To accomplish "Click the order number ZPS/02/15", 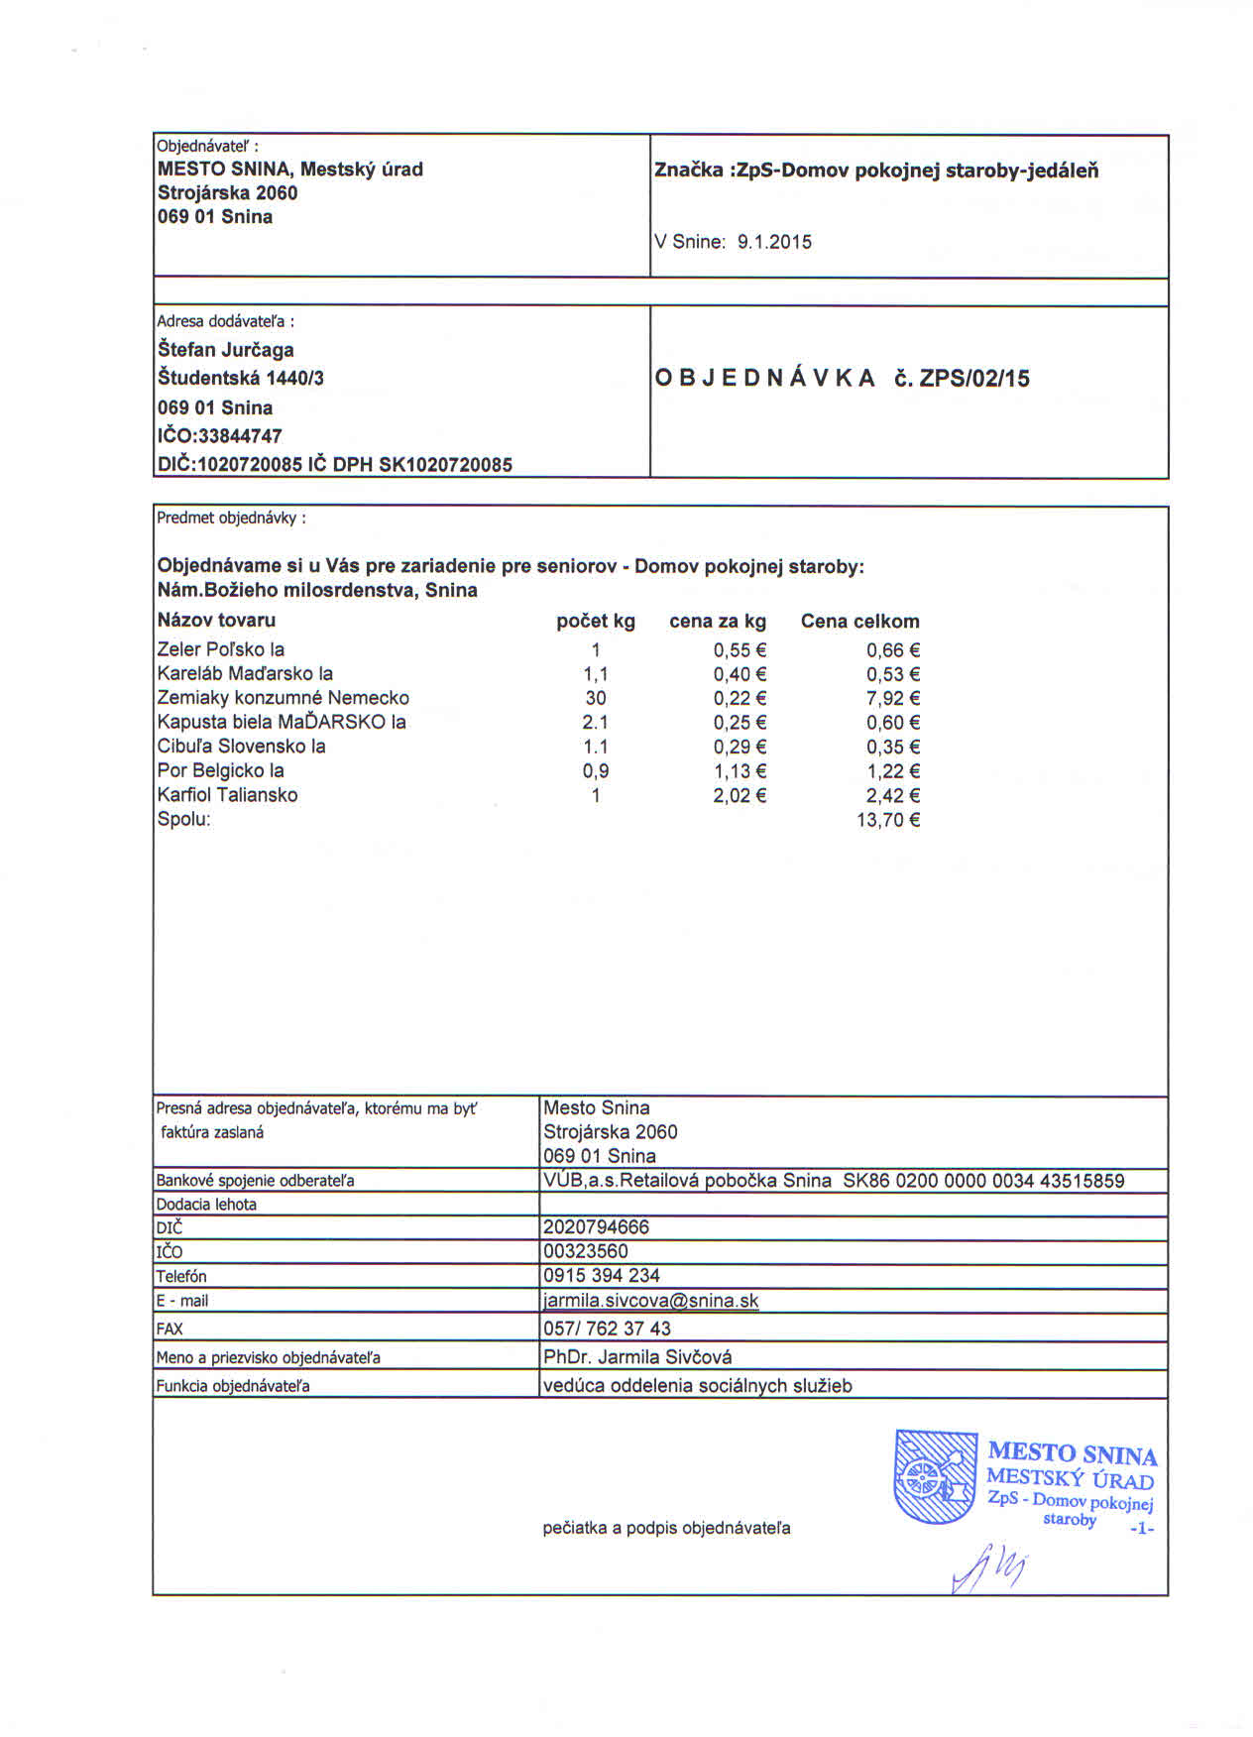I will [x=974, y=379].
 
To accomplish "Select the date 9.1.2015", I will [x=774, y=242].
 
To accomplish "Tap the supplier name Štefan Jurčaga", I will [x=225, y=350].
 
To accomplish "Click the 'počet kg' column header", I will [x=595, y=622].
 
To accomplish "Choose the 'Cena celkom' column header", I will [x=859, y=622].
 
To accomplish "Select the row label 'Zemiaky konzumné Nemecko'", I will [x=283, y=698].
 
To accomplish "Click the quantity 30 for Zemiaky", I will [x=595, y=698].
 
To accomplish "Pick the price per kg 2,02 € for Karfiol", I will [x=740, y=795].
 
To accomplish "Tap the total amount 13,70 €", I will [x=888, y=820].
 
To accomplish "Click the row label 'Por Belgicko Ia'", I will [x=220, y=770].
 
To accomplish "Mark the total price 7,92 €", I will [x=893, y=698].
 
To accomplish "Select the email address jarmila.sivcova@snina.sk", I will [x=650, y=1301].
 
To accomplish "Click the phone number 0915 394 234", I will [x=601, y=1276].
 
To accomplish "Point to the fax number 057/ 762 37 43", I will [x=607, y=1329].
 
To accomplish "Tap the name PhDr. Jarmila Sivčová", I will [x=637, y=1356].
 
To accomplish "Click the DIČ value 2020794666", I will [x=596, y=1227].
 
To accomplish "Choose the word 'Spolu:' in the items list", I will [x=183, y=820].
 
